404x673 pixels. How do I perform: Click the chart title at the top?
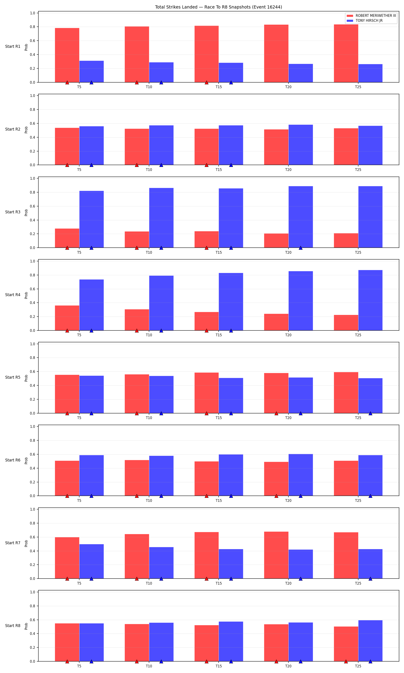218,7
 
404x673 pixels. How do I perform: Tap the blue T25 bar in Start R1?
370,73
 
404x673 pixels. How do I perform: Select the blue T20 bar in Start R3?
301,217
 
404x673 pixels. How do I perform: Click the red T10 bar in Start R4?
137,320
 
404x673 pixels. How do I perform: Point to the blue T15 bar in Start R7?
231,564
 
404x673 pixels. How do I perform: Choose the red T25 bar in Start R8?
346,644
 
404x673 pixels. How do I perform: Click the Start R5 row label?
13,377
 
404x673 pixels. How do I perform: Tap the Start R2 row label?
13,129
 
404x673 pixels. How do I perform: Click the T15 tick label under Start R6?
219,500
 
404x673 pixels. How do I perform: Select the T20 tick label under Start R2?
288,170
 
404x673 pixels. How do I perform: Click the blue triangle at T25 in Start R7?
370,579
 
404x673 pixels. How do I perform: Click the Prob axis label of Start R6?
26,461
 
